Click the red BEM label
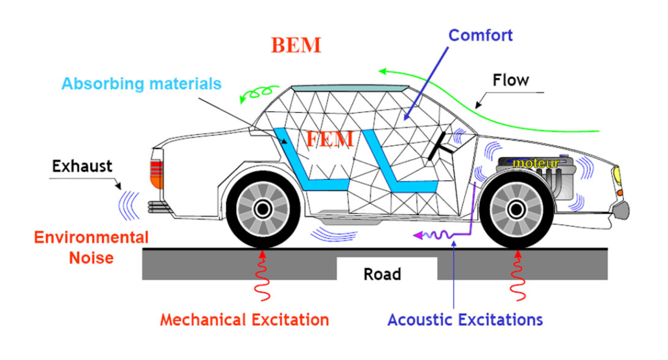tap(296, 45)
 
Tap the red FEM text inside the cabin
tap(330, 139)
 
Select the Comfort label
tap(481, 34)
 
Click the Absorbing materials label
tap(141, 84)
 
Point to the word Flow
tap(510, 80)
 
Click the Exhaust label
tap(82, 166)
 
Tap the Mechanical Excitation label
tap(245, 320)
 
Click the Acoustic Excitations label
tap(465, 320)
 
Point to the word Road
tap(382, 274)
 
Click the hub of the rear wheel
tap(263, 209)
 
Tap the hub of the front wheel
tap(516, 209)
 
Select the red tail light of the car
tap(156, 174)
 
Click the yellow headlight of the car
tap(617, 174)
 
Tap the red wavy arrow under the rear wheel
tap(263, 276)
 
